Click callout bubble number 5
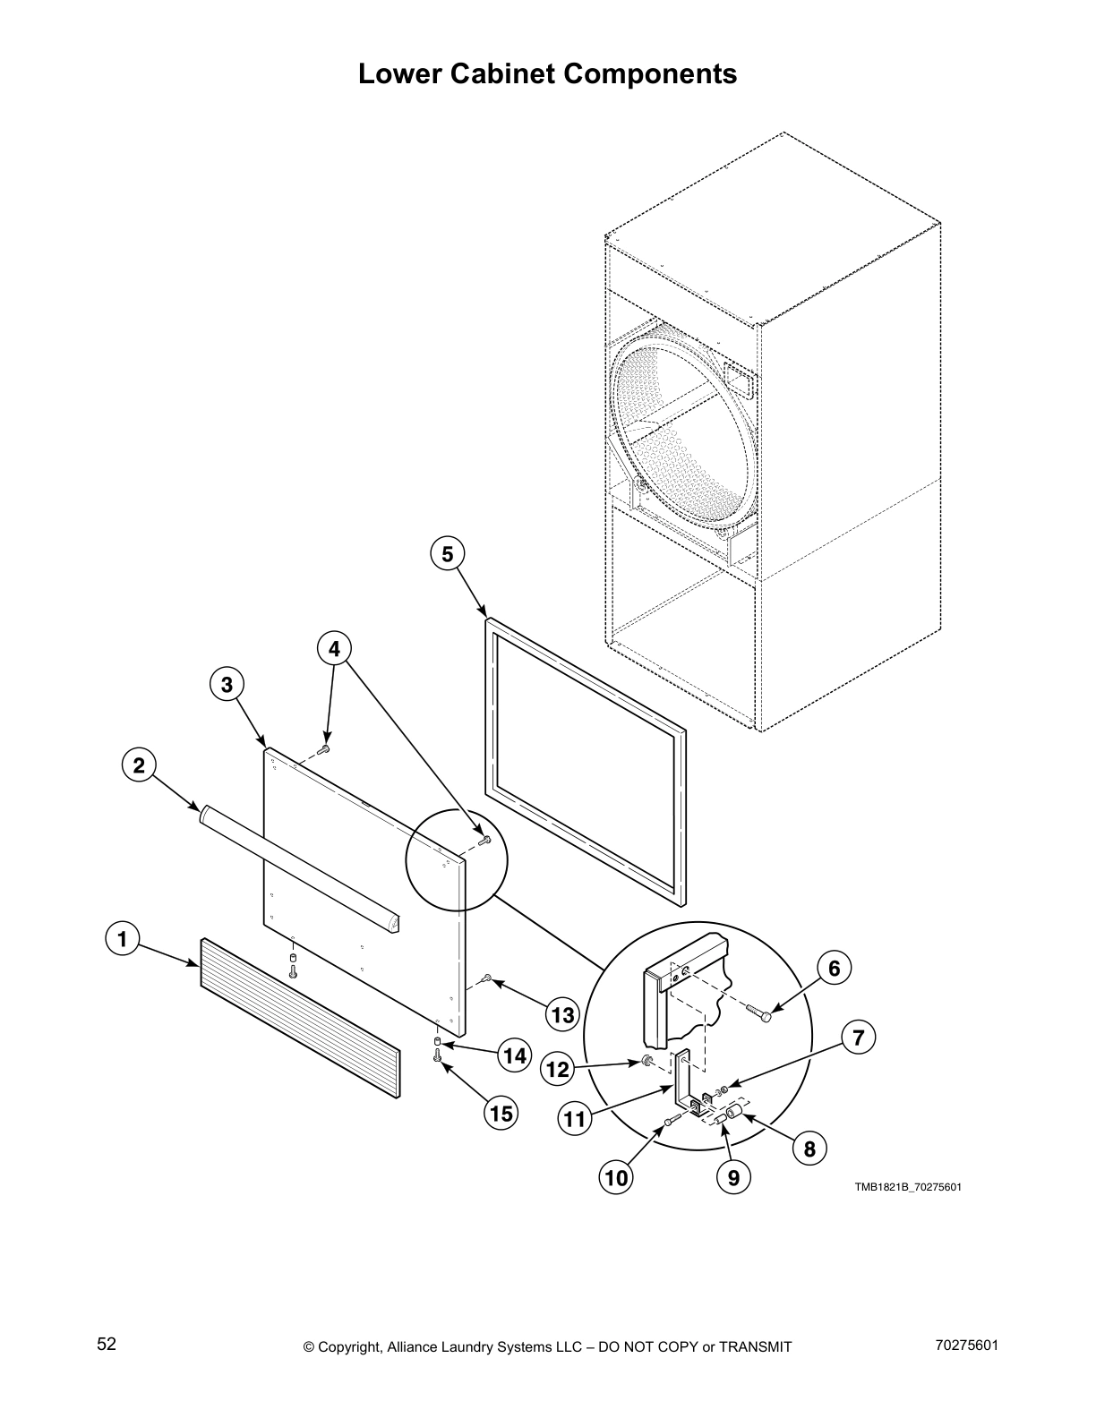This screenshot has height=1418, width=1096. point(447,554)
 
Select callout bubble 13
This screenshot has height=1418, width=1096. point(562,1014)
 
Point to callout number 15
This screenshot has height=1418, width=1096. point(501,1113)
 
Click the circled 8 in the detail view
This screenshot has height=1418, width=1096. point(809,1149)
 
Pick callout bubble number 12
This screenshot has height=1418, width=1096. point(558,1069)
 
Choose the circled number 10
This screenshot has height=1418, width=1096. point(617,1178)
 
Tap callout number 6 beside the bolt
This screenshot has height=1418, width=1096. point(834,968)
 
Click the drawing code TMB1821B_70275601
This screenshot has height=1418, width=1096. point(907,1187)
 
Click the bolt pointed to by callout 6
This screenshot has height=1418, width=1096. point(758,1012)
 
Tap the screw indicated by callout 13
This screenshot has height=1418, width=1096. point(485,978)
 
